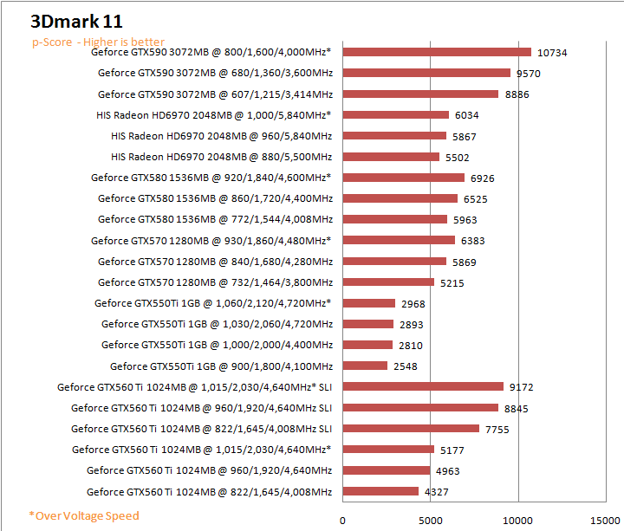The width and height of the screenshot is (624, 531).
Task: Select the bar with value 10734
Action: pos(437,52)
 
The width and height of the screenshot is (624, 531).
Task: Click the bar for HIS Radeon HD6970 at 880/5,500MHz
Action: pos(391,157)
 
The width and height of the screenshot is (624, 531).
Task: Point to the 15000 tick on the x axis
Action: pos(606,520)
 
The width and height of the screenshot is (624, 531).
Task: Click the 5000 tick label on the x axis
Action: pos(431,520)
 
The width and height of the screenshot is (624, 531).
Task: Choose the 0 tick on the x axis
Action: pos(343,520)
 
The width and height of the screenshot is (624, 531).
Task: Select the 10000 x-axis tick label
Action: pos(518,520)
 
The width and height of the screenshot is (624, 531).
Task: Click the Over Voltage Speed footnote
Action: pos(84,515)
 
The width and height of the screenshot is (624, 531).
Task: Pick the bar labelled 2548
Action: pos(365,366)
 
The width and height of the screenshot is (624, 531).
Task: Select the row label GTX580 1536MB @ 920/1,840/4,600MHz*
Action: pos(211,178)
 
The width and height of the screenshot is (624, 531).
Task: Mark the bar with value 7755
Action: pos(411,428)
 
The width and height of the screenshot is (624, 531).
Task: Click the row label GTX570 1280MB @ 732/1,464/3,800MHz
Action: pos(215,282)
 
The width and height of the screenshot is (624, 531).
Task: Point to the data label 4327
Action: pos(437,492)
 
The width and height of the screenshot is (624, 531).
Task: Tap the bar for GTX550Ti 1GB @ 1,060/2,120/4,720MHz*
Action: pos(369,303)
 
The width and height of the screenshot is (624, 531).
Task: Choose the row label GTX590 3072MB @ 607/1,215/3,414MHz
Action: pos(215,94)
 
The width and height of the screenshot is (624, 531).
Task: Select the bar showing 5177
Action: pos(388,450)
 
